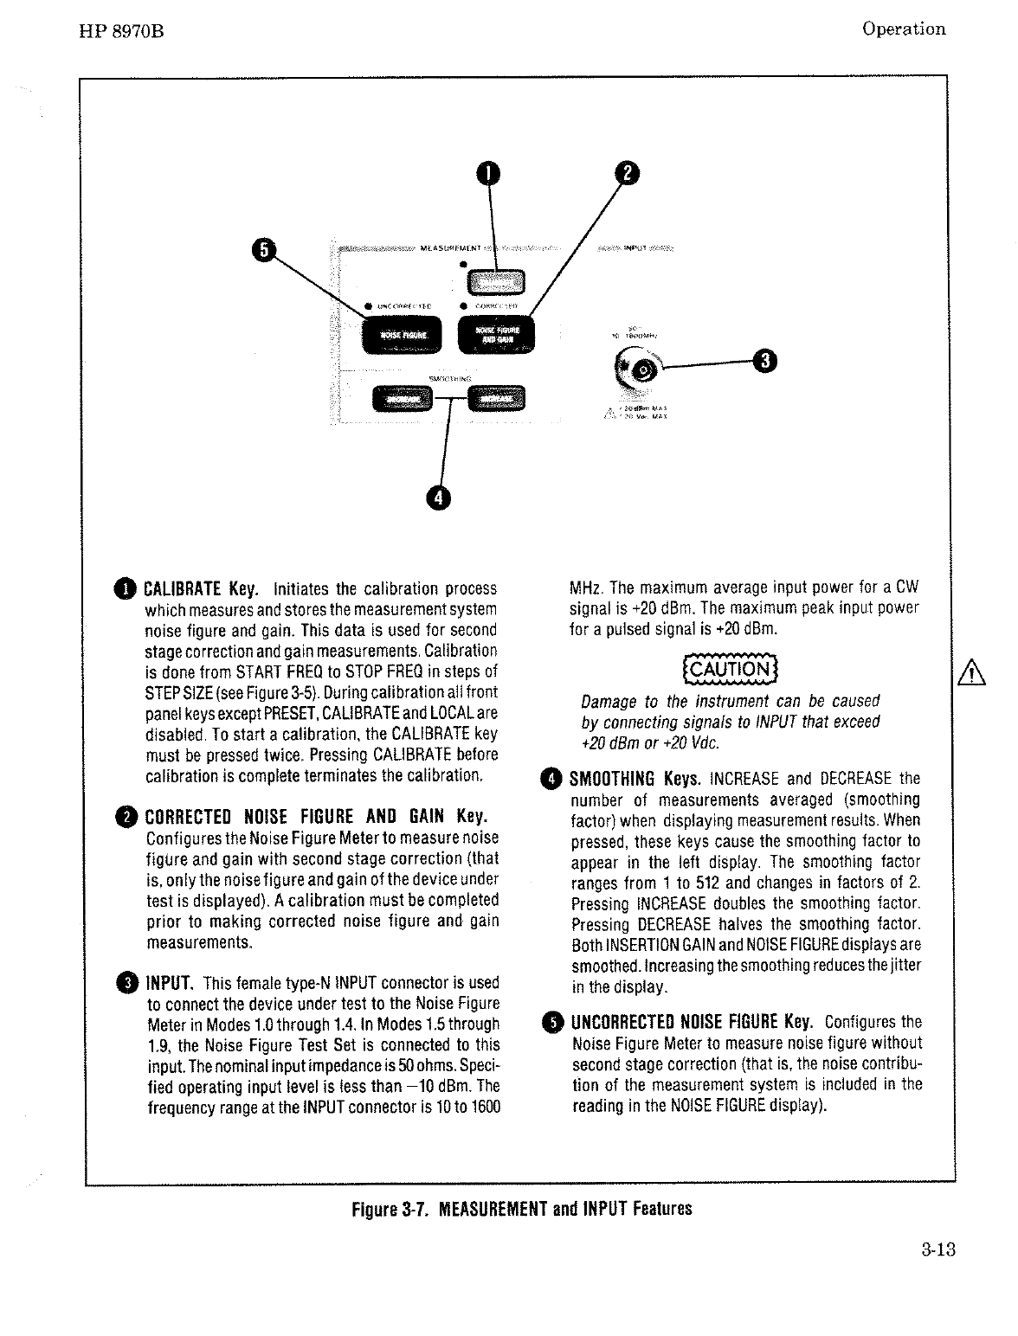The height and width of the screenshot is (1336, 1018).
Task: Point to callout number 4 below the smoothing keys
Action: [440, 497]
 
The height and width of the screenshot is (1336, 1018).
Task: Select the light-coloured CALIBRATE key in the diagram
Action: [496, 281]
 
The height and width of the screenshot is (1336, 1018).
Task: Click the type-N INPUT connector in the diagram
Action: [644, 369]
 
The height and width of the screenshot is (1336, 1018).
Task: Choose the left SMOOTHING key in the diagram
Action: [402, 398]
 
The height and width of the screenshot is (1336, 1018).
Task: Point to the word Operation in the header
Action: [904, 29]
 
